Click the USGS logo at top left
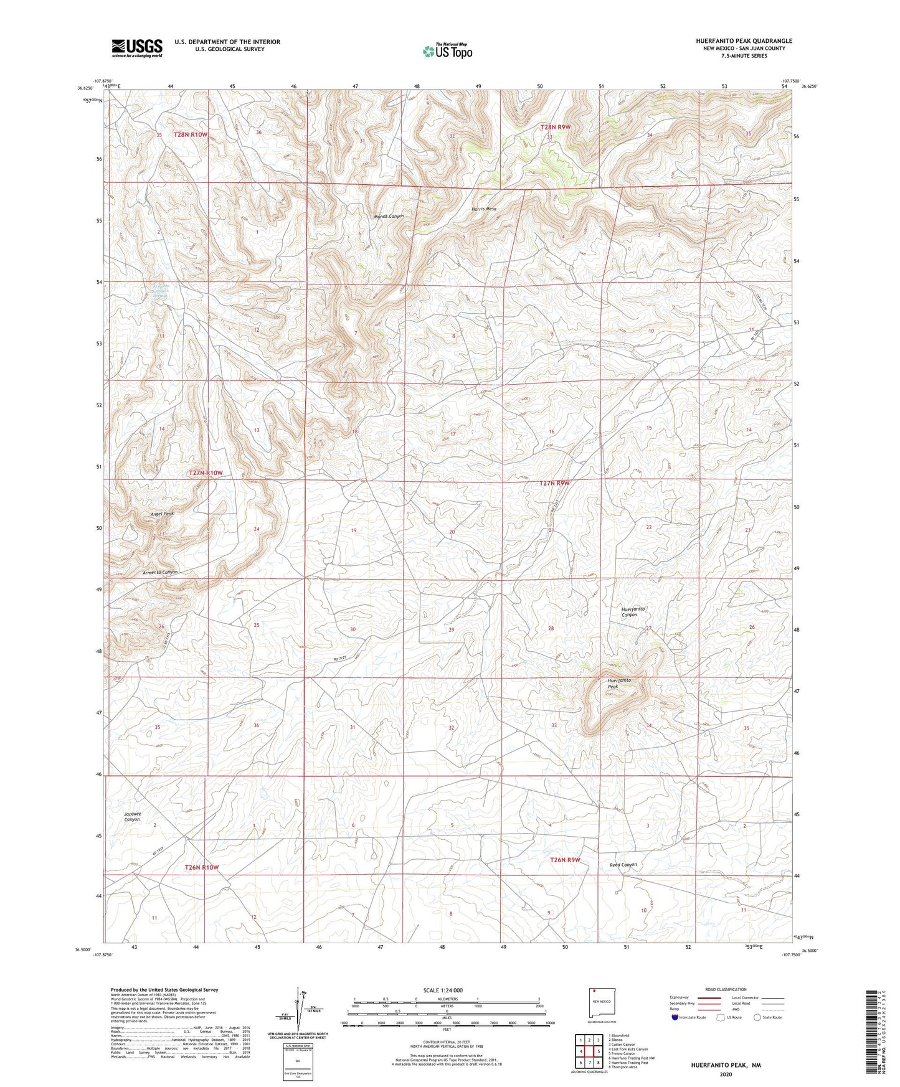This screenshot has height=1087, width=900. point(137,48)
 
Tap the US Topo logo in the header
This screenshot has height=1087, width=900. point(447,51)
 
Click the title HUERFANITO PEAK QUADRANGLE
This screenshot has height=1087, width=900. point(744,41)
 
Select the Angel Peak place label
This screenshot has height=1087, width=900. point(162,514)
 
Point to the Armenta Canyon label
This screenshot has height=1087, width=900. point(160,572)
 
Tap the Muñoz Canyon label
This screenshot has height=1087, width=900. point(388,216)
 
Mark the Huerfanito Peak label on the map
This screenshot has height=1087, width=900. point(620,684)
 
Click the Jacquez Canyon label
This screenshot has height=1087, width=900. point(132,817)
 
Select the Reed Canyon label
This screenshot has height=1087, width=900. point(623,865)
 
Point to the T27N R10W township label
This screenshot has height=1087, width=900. point(206,473)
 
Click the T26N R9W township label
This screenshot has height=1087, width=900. point(565,860)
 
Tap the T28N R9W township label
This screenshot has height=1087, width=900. point(554,127)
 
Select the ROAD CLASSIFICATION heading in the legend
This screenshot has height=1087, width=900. point(726,989)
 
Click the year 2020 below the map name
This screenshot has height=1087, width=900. point(725,1074)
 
